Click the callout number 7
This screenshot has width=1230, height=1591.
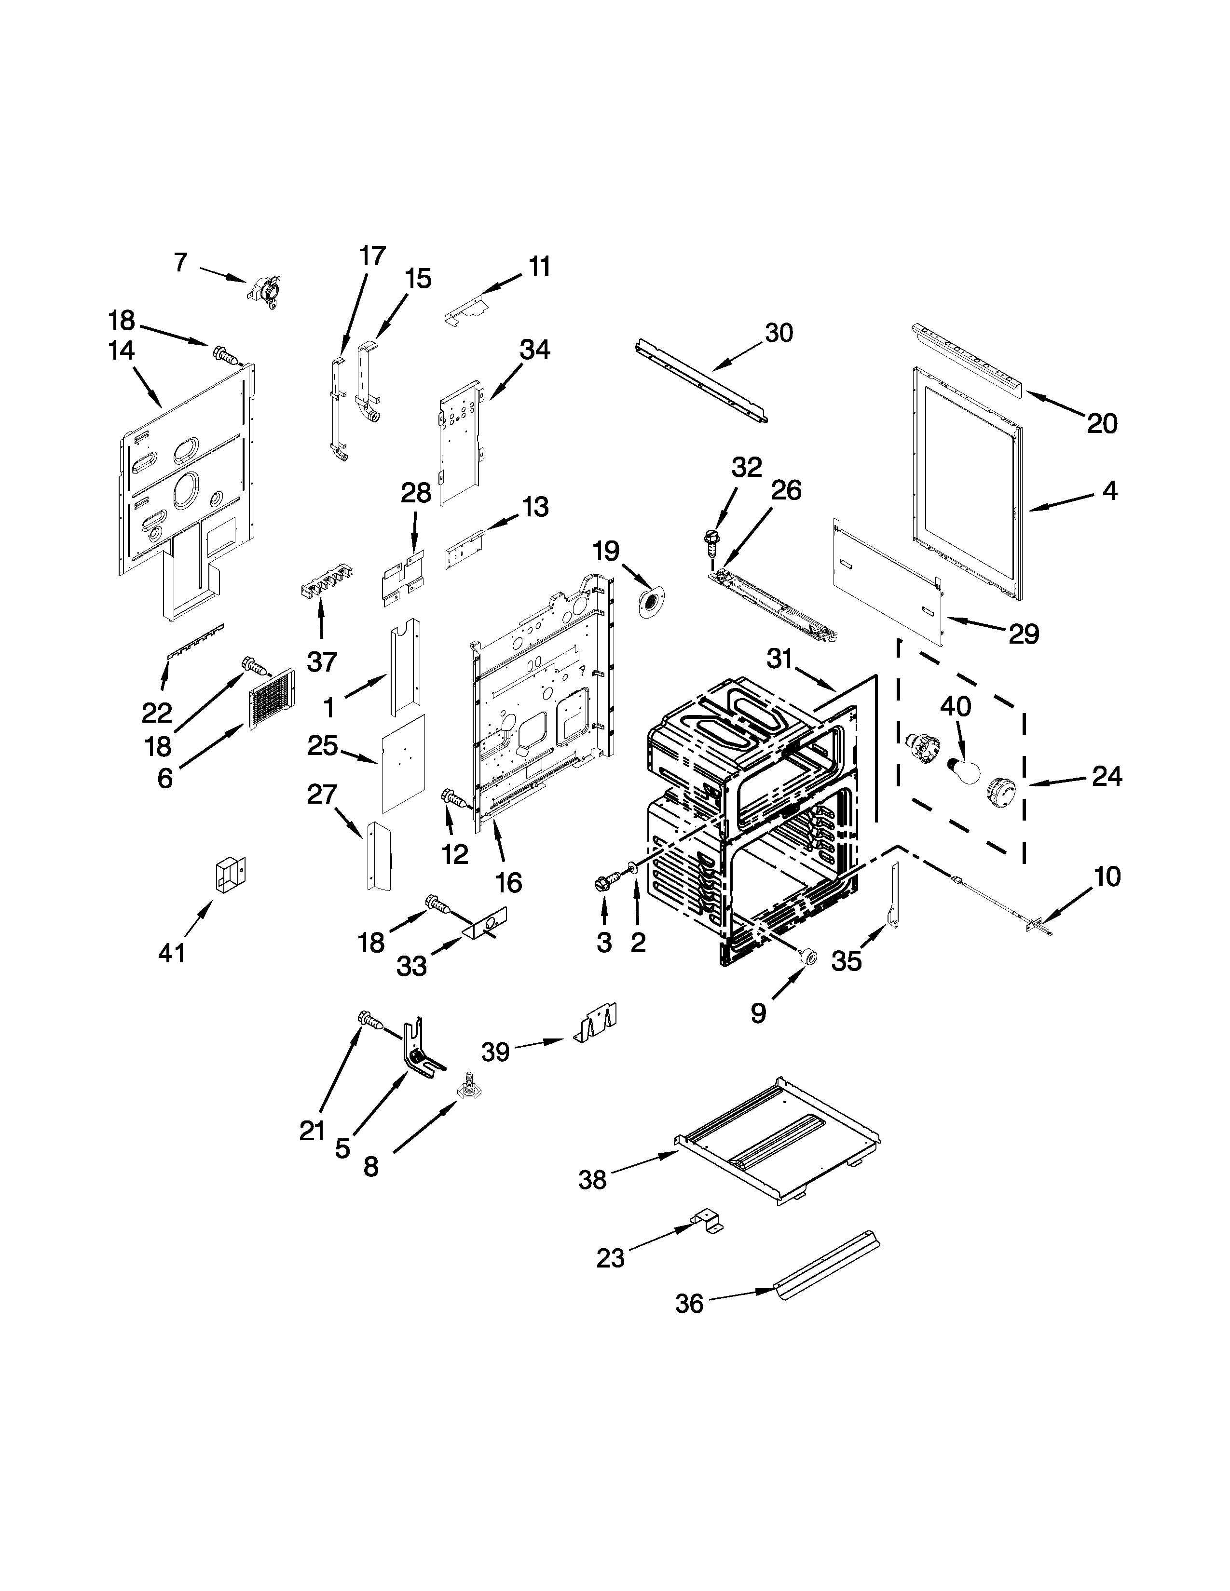click(x=181, y=262)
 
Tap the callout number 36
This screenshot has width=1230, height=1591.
click(x=689, y=1303)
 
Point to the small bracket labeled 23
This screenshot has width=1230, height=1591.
click(x=707, y=1222)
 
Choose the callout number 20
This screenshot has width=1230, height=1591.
click(x=1102, y=423)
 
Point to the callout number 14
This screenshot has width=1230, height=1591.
click(x=122, y=351)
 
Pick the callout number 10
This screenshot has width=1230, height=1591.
click(x=1107, y=876)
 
